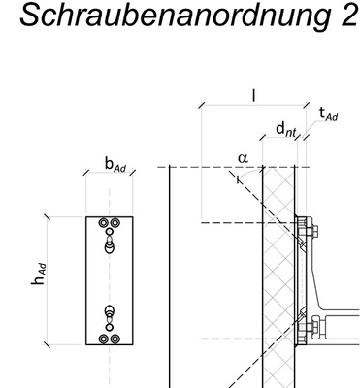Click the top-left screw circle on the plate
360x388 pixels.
(100, 223)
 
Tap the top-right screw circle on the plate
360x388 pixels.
(116, 223)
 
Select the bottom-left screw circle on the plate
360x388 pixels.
(100, 340)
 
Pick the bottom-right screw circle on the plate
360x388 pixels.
(116, 340)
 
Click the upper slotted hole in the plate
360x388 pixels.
(109, 244)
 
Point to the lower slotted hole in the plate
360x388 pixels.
(109, 316)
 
